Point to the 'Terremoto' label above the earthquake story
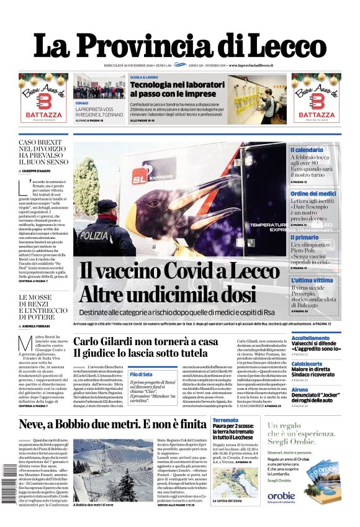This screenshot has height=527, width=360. (225, 420)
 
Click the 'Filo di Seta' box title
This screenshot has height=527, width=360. (141, 374)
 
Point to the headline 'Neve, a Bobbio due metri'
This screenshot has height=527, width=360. (112, 425)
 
